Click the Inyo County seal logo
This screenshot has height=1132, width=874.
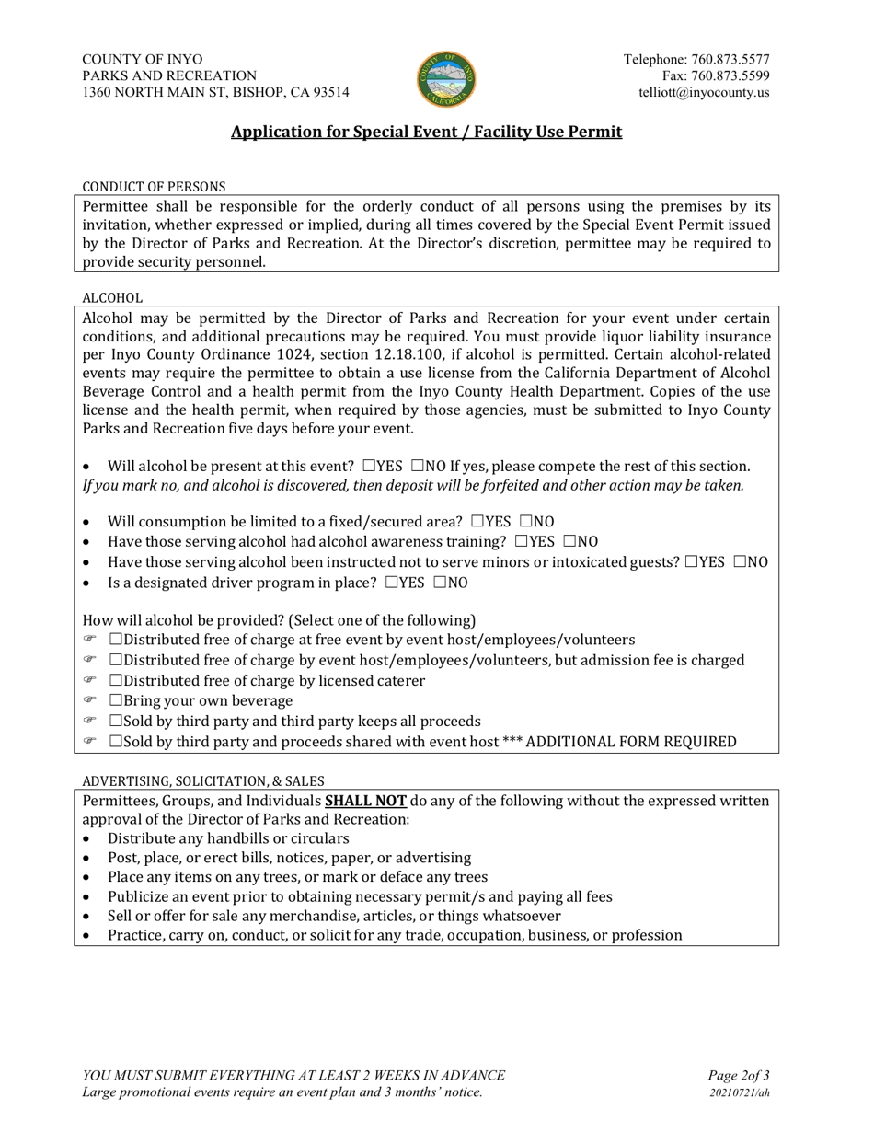pos(446,79)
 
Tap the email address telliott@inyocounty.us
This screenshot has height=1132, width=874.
pos(705,93)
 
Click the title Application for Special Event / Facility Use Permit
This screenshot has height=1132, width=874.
pos(426,132)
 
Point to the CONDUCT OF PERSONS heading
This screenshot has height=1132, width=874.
pos(154,186)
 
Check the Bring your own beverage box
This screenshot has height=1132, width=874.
pos(116,701)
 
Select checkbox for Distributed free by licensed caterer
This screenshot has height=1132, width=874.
pos(116,681)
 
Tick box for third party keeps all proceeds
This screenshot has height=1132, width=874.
pos(116,722)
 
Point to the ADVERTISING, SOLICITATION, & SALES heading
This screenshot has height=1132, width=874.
pos(203,780)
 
